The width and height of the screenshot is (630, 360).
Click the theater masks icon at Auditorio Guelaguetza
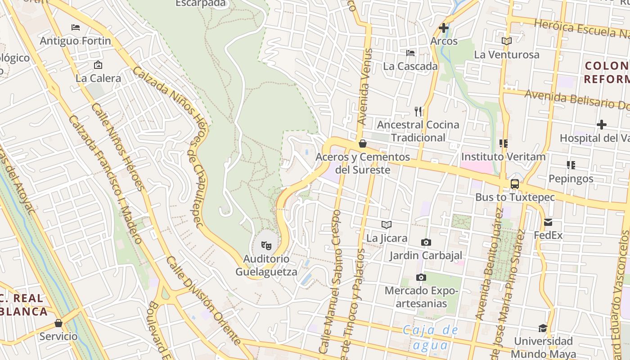pos(266,246)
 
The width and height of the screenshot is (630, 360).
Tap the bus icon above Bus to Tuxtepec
pos(515,184)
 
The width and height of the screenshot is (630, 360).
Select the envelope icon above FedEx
pos(548,222)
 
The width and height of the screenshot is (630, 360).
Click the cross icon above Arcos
pos(444,28)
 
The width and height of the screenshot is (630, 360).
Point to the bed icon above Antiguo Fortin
pos(76,27)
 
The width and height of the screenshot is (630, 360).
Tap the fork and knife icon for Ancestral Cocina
pos(418,111)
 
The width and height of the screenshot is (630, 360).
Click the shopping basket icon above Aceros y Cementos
pos(363,144)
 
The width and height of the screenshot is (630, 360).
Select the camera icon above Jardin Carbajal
pos(426,243)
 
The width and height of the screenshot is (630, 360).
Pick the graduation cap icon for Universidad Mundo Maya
pos(543,328)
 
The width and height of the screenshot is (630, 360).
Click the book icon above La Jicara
pos(386,225)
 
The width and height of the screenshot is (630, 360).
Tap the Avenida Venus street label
pos(363,87)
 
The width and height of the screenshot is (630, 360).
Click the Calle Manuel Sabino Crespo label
pos(331,281)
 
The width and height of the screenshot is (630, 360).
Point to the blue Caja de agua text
pos(430,337)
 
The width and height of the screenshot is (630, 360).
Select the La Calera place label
pos(98,78)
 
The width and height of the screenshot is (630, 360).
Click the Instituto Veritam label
pos(503,157)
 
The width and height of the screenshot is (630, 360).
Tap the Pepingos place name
pos(571,179)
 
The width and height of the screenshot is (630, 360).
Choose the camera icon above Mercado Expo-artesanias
pos(421,277)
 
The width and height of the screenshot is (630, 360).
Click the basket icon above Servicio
pos(58,323)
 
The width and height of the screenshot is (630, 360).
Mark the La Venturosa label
pos(506,55)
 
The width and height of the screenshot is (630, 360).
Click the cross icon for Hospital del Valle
pos(602,125)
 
